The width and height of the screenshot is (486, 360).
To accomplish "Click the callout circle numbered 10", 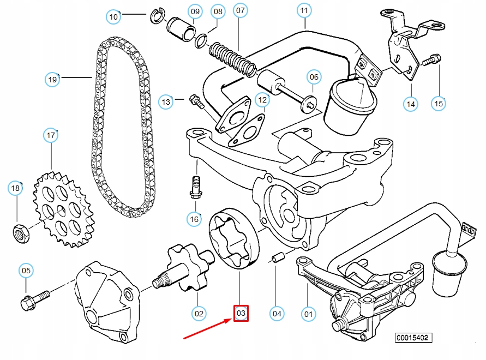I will click(113, 17).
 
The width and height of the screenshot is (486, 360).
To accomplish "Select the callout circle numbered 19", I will click(52, 80).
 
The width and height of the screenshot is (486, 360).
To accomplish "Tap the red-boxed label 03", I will click(241, 313).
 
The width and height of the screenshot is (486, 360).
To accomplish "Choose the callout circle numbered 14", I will click(410, 103).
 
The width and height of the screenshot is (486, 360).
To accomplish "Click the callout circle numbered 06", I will click(314, 77).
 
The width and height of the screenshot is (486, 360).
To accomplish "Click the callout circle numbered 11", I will click(304, 10).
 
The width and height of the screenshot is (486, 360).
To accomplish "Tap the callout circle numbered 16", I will click(194, 219).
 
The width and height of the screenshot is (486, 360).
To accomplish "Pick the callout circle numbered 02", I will click(199, 313).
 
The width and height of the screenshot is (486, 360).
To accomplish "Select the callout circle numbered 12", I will click(262, 100).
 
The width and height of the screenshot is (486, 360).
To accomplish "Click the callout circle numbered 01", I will click(308, 313).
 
